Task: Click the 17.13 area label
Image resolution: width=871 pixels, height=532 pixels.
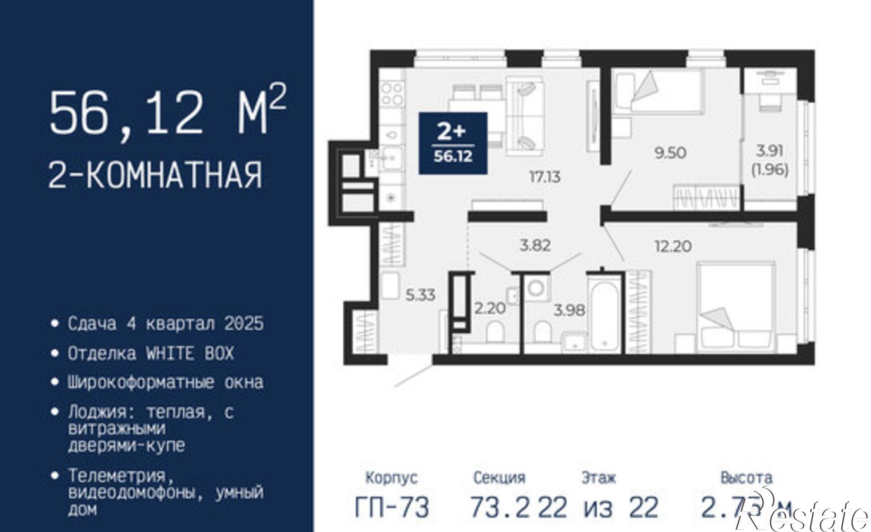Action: pos(544,177)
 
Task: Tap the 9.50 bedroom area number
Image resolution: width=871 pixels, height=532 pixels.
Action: pos(670,153)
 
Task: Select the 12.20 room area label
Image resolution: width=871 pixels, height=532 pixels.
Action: pos(673,246)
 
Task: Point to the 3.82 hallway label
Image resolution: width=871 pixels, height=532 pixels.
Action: pos(535,245)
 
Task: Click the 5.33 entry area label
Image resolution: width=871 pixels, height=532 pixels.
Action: pos(420,295)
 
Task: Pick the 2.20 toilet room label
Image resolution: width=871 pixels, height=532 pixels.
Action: pos(490,308)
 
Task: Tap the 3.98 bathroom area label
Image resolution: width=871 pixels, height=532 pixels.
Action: pos(569,310)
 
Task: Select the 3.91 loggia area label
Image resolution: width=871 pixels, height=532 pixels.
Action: pos(770,151)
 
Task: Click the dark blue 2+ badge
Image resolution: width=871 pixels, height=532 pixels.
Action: pos(453,143)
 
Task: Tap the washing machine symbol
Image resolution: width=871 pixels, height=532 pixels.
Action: pos(537,288)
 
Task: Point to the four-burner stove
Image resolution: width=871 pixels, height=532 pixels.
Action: pos(392,94)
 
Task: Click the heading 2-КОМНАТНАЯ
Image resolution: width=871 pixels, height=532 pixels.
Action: pos(155,174)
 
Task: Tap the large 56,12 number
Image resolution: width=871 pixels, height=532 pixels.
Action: pos(126,113)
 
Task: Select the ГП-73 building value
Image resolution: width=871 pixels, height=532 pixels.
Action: pos(392,507)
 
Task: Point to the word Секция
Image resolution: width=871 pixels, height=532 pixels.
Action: pos(499,478)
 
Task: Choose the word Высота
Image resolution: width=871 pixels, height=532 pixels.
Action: pos(746,478)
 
